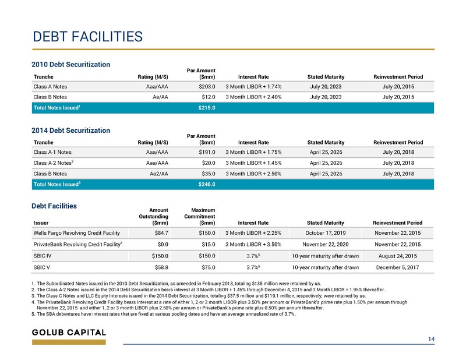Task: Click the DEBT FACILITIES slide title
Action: point(88,37)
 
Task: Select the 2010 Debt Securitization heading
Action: point(70,65)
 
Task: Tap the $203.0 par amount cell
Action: point(207,87)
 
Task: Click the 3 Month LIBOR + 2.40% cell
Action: point(253,97)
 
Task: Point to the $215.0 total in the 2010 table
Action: point(207,108)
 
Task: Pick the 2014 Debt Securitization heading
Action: point(70,130)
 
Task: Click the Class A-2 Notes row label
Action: point(54,163)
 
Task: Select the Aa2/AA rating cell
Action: point(158,174)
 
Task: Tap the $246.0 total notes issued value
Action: point(207,184)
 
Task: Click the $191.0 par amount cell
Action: point(207,152)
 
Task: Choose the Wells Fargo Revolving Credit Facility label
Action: point(77,233)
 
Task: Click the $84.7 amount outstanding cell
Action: point(161,233)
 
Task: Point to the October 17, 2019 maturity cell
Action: point(326,233)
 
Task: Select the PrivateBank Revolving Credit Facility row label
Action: point(78,244)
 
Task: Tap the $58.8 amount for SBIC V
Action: point(161,267)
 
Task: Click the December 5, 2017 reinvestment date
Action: point(398,267)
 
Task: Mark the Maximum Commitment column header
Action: point(200,217)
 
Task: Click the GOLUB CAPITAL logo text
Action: point(69,333)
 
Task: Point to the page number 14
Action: point(431,339)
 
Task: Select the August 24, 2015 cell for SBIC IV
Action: point(398,256)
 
